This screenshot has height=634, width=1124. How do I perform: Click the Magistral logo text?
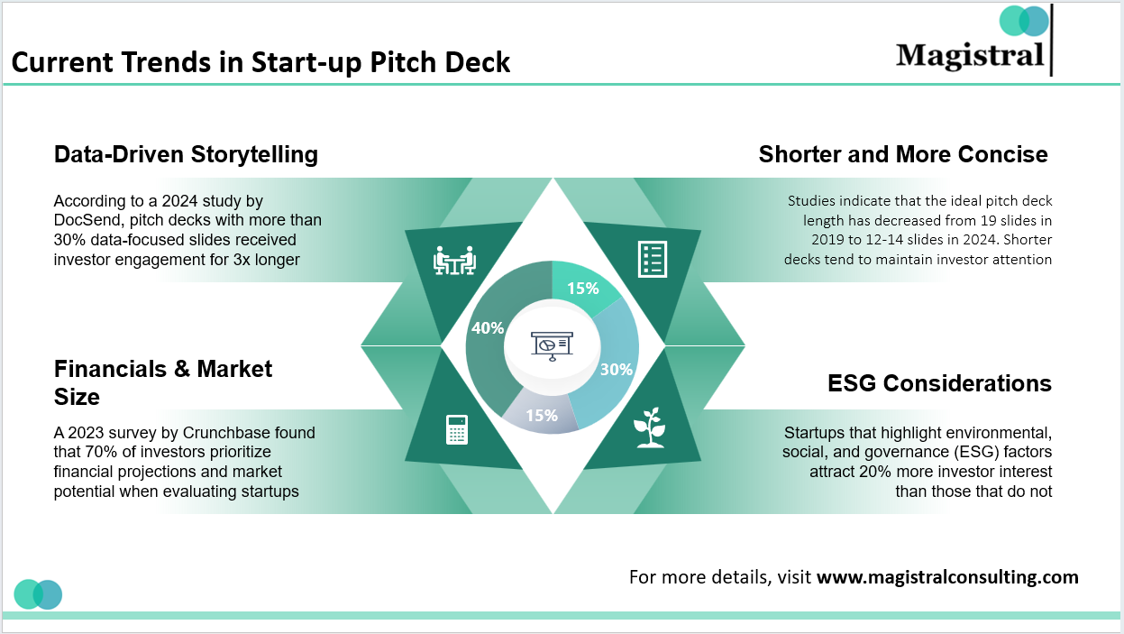click(970, 55)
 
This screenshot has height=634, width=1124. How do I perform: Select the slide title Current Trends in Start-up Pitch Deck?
click(260, 62)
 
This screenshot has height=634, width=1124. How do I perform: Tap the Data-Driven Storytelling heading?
click(186, 154)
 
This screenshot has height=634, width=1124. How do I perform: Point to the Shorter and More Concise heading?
click(903, 154)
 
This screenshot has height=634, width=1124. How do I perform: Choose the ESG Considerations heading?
click(939, 383)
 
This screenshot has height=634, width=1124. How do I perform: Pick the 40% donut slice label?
click(488, 328)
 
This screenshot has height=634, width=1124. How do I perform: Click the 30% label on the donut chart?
click(617, 369)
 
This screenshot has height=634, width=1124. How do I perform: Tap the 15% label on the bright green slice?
click(582, 289)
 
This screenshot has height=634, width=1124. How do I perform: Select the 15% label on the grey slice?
click(542, 416)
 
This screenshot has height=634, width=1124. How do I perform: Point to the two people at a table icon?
click(454, 260)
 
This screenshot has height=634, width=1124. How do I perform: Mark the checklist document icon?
click(652, 259)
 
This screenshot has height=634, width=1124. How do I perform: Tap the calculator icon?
click(457, 429)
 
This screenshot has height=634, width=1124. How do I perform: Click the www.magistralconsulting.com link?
click(947, 577)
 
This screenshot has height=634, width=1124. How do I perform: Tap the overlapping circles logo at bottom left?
click(38, 594)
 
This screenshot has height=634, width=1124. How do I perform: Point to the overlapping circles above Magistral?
click(1025, 21)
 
